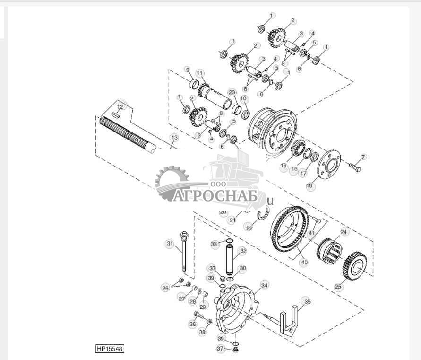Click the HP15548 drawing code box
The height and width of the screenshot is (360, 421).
[110, 349]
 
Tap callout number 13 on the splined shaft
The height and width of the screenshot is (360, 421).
[174, 137]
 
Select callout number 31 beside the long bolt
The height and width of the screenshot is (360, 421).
[169, 243]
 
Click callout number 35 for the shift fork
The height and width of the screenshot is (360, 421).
[307, 301]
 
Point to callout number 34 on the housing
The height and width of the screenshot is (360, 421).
[264, 285]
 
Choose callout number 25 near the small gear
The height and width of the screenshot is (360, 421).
[338, 286]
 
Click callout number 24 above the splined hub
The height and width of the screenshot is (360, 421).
[344, 232]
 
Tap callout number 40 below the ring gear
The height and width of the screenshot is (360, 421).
[303, 262]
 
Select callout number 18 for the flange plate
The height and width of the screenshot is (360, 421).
[309, 186]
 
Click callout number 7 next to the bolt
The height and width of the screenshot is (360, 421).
[363, 157]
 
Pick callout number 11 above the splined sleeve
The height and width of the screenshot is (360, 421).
[200, 73]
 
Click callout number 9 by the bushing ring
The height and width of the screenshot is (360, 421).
[187, 70]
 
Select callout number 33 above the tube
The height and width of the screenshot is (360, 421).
[214, 244]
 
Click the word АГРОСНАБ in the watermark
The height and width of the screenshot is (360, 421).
[215, 195]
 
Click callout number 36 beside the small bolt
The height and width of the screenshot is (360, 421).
[192, 324]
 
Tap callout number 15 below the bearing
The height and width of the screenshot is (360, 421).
[284, 166]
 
